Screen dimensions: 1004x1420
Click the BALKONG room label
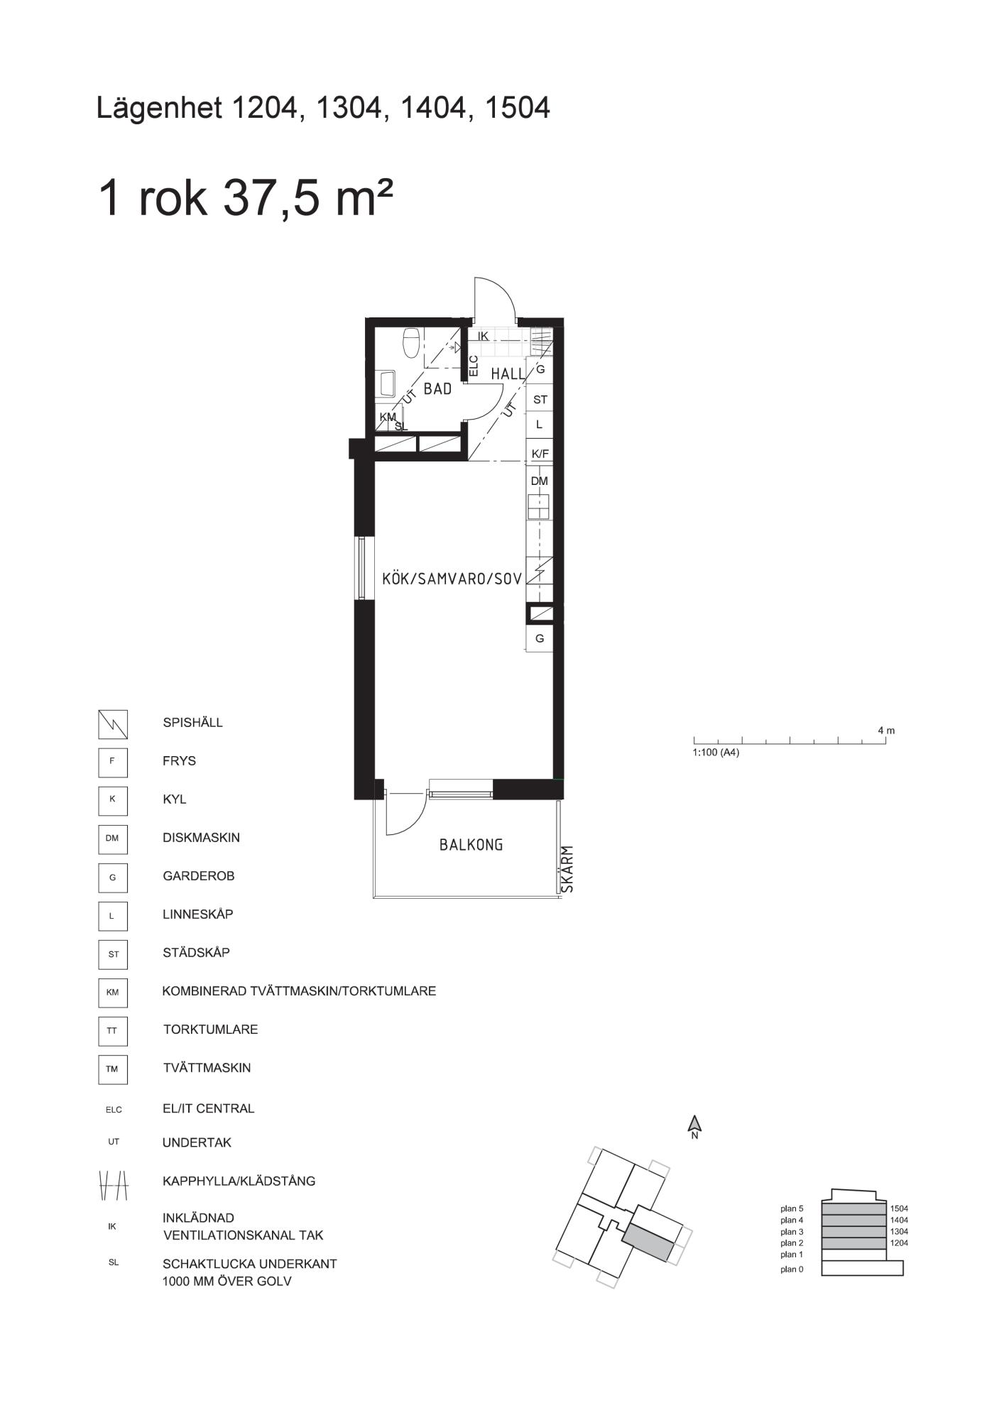click(471, 845)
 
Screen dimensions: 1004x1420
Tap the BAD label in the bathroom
click(437, 389)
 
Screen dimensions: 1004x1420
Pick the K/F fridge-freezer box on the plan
click(540, 453)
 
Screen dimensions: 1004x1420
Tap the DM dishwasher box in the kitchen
click(540, 481)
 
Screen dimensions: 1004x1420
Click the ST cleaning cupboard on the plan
click(540, 400)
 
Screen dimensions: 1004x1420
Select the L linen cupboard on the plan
click(540, 425)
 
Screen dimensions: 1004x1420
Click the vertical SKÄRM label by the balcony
click(567, 868)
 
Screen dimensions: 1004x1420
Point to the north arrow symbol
click(695, 1125)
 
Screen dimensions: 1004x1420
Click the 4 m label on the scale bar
click(886, 730)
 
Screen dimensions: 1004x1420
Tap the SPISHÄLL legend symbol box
click(113, 724)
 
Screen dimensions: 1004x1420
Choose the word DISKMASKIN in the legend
click(202, 838)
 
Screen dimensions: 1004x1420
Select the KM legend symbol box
click(113, 993)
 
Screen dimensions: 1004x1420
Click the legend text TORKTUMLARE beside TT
click(211, 1029)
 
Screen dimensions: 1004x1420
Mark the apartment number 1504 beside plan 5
click(899, 1208)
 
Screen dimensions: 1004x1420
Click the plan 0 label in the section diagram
click(792, 1269)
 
